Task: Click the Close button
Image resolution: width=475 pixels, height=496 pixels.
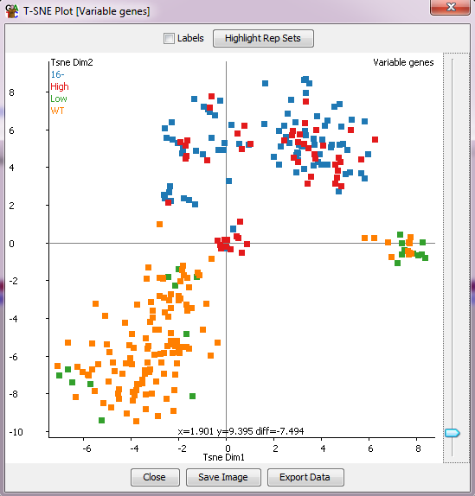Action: [155, 477]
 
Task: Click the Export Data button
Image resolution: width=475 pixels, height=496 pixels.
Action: [305, 477]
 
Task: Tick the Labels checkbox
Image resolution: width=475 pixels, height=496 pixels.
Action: [169, 38]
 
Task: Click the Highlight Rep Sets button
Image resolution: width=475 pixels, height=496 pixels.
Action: [263, 38]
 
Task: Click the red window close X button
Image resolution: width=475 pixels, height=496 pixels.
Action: [448, 10]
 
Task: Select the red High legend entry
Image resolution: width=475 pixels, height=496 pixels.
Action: [60, 86]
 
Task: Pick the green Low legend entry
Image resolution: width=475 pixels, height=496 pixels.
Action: [59, 99]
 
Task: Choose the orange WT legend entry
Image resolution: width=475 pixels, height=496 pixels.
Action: [57, 111]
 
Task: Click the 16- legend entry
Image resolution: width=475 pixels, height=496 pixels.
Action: [56, 74]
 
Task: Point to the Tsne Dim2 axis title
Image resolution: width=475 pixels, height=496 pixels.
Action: [71, 62]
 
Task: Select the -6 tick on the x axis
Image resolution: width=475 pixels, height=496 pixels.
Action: [86, 447]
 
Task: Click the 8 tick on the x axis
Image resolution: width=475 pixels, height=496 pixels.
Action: [418, 447]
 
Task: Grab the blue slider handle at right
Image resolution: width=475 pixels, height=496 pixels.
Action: [451, 433]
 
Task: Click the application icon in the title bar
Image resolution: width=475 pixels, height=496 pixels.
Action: [12, 10]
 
